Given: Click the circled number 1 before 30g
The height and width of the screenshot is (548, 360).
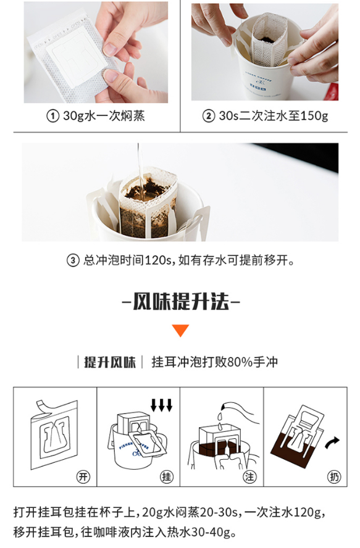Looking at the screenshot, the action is click(52, 115).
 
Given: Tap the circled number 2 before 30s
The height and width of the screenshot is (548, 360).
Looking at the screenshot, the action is click(209, 115).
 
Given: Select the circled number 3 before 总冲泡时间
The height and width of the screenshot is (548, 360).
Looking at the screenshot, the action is click(73, 260).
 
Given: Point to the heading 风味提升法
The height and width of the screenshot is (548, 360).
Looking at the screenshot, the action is click(181, 301).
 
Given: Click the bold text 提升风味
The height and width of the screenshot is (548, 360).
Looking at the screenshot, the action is click(109, 362).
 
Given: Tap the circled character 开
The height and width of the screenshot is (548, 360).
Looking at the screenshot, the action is click(83, 476).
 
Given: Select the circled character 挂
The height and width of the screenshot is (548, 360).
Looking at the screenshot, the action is click(167, 476).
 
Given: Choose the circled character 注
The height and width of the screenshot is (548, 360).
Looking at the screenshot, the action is click(250, 476).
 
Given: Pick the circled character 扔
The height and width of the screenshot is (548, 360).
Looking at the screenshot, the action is click(333, 476).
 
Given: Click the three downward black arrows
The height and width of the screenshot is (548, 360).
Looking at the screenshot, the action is click(161, 405).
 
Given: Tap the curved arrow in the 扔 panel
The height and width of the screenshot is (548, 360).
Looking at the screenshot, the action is click(332, 443).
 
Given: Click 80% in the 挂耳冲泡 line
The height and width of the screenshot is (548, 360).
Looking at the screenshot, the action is click(240, 362).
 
